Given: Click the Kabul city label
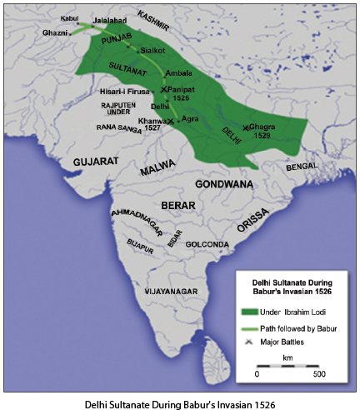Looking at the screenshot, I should click(x=70, y=17).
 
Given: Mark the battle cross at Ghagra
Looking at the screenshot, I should click(x=245, y=127).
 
